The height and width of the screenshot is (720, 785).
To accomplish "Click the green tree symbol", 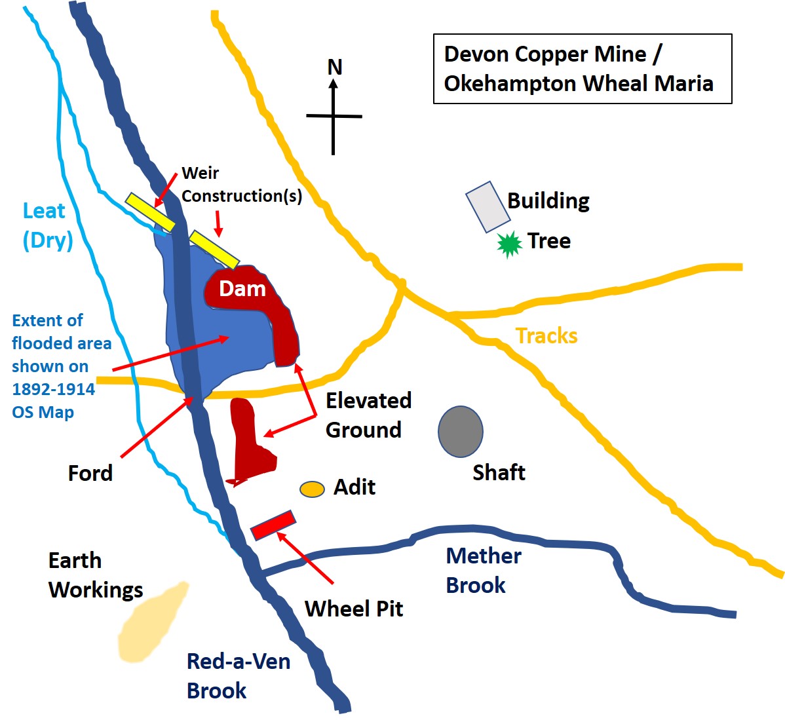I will click(509, 244).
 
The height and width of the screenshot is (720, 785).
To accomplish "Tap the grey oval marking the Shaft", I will click(461, 431).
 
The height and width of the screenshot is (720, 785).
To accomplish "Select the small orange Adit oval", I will click(312, 489).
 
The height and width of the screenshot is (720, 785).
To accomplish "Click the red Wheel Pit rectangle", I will click(273, 525).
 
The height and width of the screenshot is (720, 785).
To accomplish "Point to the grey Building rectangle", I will click(488, 207).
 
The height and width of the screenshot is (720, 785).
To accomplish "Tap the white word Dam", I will click(242, 289).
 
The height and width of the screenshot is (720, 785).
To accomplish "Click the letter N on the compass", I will click(335, 67).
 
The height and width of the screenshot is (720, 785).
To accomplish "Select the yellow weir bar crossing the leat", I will click(151, 212).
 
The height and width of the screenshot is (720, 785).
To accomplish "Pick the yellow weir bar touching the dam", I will click(214, 249).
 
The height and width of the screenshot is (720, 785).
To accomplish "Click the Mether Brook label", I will click(483, 570).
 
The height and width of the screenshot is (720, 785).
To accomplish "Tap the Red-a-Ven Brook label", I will click(238, 675).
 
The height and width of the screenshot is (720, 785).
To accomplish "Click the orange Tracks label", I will click(546, 335).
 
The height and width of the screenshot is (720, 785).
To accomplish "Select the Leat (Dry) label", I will click(47, 225).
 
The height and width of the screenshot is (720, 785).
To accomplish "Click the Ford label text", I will click(90, 472).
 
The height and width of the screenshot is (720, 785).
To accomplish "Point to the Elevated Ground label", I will click(368, 415).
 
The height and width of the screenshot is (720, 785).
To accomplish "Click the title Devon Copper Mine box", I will click(582, 69).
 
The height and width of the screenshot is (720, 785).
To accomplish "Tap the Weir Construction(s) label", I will click(240, 185).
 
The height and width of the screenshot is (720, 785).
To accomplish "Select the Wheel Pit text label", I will click(354, 609).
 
